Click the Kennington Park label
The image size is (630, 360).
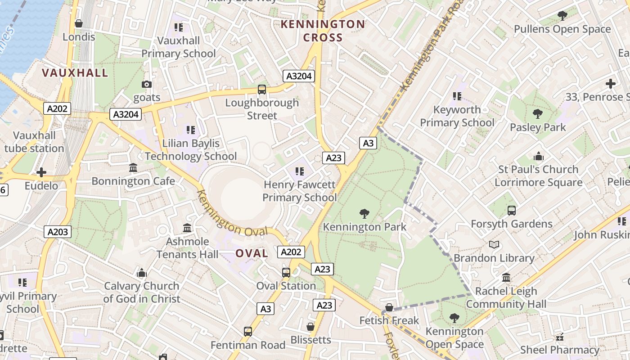364,227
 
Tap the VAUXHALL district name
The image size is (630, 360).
75,73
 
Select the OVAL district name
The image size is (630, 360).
252,253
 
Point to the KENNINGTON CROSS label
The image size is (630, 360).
323,31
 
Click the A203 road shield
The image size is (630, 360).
58,232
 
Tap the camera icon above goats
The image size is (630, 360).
146,84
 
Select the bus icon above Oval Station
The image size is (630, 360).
286,272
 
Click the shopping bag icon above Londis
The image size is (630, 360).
79,23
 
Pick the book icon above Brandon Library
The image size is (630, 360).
494,245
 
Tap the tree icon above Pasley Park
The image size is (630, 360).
537,114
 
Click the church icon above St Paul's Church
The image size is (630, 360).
538,156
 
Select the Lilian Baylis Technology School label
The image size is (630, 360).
191,150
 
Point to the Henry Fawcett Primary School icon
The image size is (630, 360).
299,171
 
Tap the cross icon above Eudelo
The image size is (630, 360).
41,172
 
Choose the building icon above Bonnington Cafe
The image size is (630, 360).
133,168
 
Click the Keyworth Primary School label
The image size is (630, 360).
457,116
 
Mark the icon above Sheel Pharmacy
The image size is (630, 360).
560,337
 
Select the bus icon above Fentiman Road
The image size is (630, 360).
247,332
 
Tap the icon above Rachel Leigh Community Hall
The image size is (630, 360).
506,278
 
